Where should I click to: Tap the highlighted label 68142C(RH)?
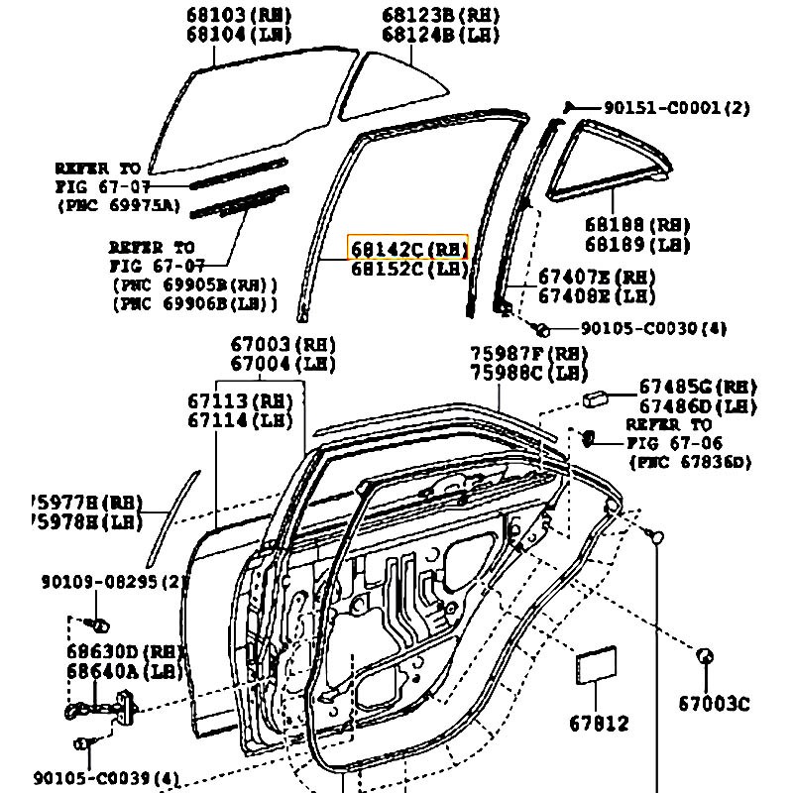tap(406, 247)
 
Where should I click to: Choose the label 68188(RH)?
tap(637, 225)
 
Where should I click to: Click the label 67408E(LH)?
tap(597, 295)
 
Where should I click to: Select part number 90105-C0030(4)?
tap(653, 328)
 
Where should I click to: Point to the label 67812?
tap(598, 724)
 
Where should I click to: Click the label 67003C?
tap(714, 704)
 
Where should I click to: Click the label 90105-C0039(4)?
tap(119, 778)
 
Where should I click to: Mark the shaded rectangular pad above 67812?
tap(597, 665)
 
